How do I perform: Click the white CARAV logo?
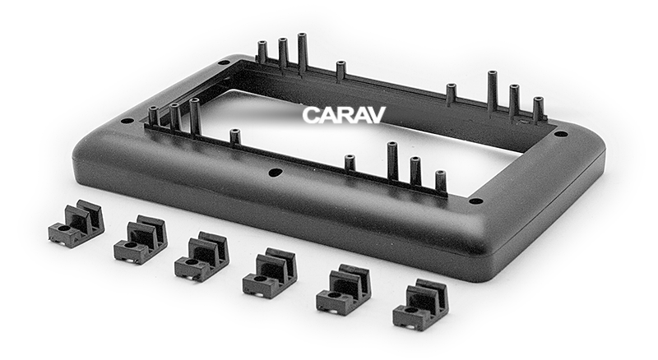343,115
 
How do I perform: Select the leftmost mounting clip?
76,224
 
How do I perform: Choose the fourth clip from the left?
270,272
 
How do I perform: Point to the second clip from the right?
343,289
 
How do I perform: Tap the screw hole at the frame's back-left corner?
224,62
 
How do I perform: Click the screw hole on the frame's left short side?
127,121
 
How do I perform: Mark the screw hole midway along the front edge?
276,173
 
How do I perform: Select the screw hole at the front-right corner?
475,200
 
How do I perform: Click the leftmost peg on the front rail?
153,115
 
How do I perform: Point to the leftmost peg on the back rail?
262,52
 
